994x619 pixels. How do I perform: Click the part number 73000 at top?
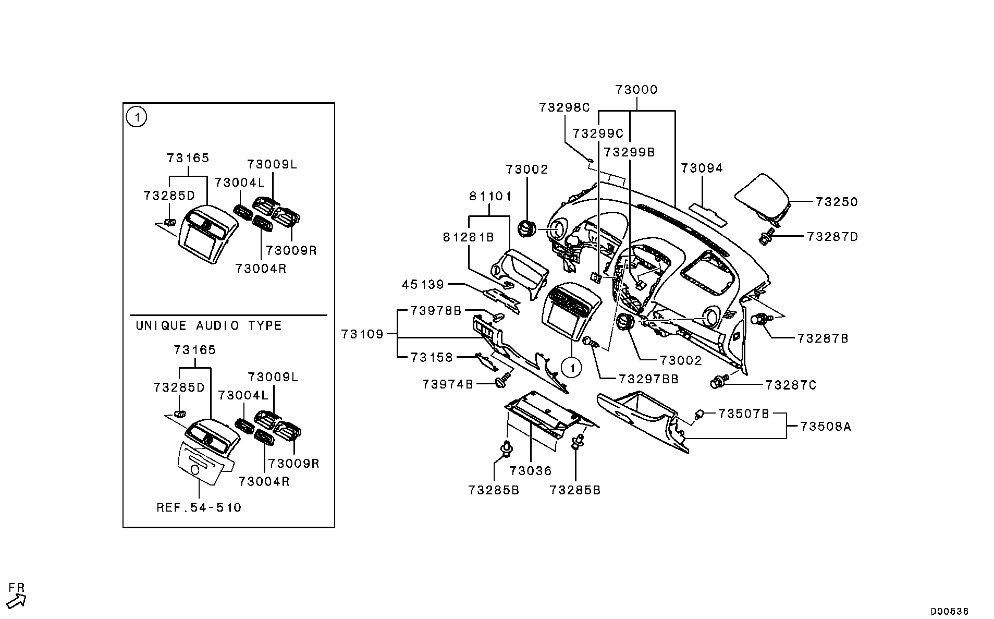coord(636,90)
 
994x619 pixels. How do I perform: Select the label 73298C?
coord(564,108)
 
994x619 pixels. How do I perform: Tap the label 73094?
coord(702,168)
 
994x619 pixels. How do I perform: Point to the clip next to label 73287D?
coord(765,238)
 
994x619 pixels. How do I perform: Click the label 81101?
coord(490,197)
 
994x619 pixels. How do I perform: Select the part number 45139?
coord(423,285)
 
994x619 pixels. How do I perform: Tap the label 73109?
coord(362,334)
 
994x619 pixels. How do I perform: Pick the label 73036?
coord(530,471)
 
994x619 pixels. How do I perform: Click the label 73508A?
coord(825,427)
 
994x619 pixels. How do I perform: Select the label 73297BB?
coord(648,380)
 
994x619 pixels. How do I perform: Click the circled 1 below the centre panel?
coord(572,368)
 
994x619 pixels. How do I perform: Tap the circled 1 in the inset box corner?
coord(137,117)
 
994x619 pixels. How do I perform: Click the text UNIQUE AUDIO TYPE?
coord(208,326)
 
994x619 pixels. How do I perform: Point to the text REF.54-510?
coord(199,507)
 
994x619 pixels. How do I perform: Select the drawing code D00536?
coord(950,611)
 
